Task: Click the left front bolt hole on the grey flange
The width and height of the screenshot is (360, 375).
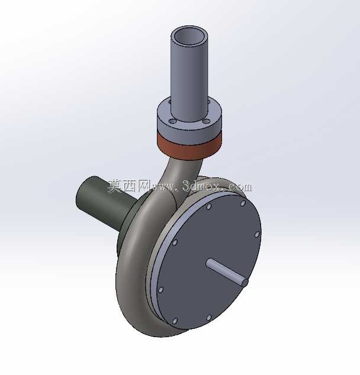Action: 172,122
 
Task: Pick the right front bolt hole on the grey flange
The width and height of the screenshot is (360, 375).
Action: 206,121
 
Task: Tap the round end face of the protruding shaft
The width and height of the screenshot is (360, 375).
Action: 245,283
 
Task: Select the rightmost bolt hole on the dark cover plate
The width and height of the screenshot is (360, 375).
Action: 257,234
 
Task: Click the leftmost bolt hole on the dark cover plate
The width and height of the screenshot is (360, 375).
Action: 160,290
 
